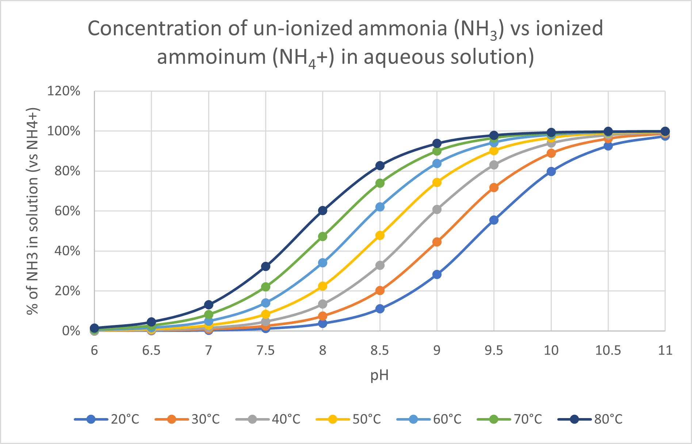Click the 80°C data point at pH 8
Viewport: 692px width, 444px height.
pos(323,211)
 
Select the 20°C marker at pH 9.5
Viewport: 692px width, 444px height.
pos(494,220)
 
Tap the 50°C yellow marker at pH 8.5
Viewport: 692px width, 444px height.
pos(380,236)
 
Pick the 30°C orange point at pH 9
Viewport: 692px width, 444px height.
pos(437,242)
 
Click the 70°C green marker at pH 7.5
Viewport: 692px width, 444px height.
pos(266,287)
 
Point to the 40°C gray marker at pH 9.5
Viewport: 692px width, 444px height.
pos(494,165)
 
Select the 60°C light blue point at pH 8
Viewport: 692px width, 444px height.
pos(323,263)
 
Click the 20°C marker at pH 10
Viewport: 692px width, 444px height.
pos(551,171)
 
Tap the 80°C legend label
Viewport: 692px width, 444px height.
pos(608,419)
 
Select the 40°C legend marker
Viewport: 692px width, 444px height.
pos(252,419)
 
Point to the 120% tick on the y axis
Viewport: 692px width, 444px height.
pos(64,91)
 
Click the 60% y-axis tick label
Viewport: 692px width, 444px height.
pos(66,211)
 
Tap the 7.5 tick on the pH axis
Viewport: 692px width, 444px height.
pos(266,351)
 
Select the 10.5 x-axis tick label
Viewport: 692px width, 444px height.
pos(608,351)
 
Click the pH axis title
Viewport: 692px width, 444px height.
pos(379,375)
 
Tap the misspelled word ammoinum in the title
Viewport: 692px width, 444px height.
pos(211,57)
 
